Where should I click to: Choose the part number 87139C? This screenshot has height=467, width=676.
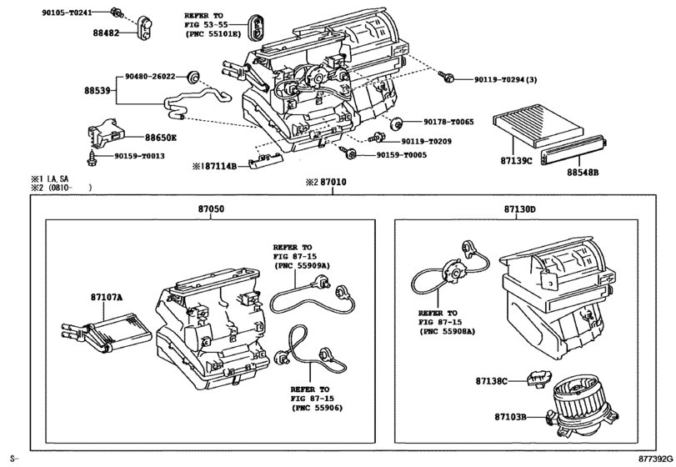click(517, 159)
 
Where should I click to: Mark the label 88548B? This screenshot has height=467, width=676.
click(584, 173)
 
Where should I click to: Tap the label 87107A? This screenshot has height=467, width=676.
click(107, 297)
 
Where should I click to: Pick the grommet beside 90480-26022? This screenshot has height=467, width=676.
click(193, 77)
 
